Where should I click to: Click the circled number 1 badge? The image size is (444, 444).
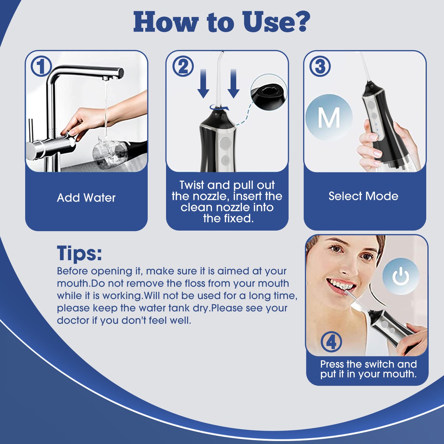coord(41,67)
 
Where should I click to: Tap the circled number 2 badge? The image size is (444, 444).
coord(183,66)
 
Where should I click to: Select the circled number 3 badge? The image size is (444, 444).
coord(320,66)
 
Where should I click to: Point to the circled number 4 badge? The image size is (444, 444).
coord(331,342)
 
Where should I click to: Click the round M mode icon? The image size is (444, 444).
coord(329,117)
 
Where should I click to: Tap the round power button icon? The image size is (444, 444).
coord(401,276)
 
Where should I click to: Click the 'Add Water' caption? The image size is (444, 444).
coord(86,198)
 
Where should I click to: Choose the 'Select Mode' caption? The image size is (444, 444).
coord(363,196)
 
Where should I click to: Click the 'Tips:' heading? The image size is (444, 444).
coord(79,253)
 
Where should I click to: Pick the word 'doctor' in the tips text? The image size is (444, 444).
coord(73,320)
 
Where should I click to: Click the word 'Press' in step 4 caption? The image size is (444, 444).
coord(332,364)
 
